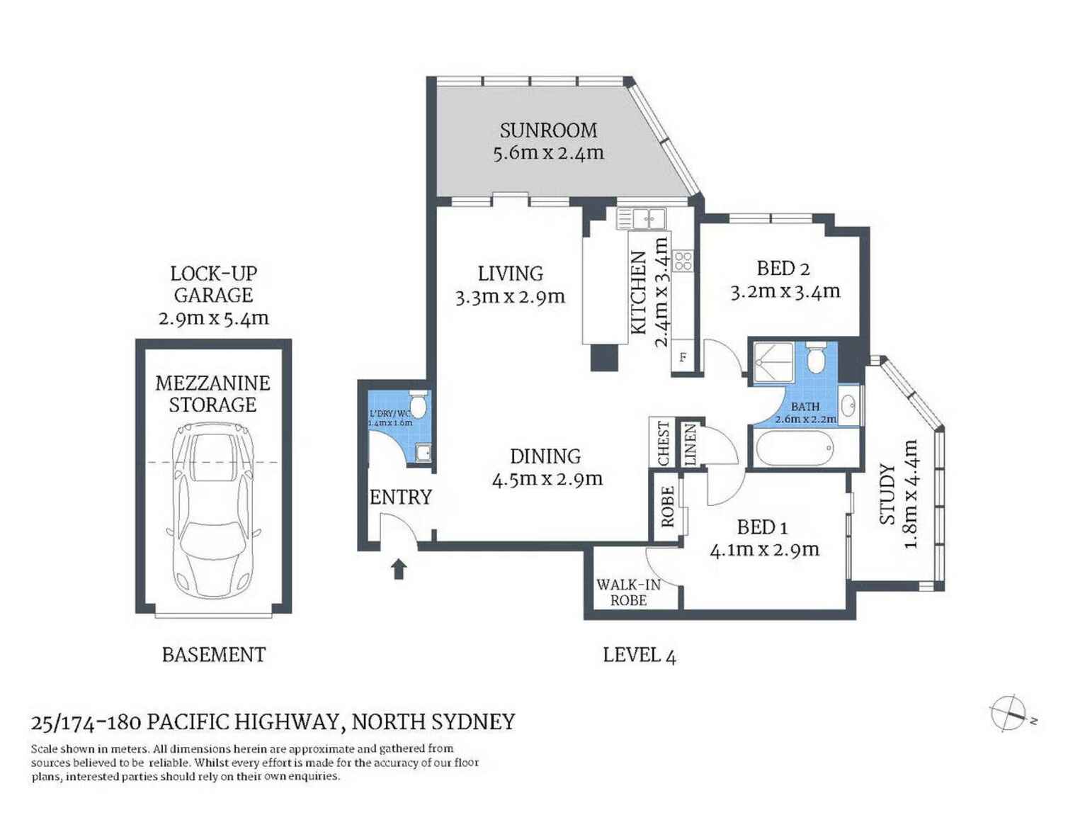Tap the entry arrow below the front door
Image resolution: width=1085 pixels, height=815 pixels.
[x=399, y=568]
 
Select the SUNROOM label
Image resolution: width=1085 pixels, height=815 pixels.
[x=548, y=130]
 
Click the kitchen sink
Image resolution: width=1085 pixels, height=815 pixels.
[x=641, y=218]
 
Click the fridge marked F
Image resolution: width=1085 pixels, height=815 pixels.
[x=683, y=356]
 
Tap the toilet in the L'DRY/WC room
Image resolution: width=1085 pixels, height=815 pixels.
[x=418, y=404]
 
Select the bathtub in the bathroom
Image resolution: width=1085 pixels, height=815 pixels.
[x=795, y=448]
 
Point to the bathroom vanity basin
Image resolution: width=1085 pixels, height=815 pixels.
[x=848, y=405]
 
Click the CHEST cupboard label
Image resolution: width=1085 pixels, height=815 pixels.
[x=664, y=443]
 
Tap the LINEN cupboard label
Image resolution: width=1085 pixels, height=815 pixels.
[x=690, y=444]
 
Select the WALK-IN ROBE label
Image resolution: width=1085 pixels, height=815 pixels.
[x=628, y=592]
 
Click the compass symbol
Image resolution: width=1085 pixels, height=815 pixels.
[x=1009, y=713]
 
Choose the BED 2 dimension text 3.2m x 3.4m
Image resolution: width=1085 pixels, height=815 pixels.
[x=785, y=292]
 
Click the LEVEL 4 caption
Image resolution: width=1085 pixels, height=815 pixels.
[x=639, y=656]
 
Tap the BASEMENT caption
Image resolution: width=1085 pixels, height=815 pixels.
[x=214, y=655]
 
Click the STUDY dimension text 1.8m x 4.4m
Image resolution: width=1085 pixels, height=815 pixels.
[x=911, y=493]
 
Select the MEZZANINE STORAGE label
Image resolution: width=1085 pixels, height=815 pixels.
[x=213, y=393]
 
